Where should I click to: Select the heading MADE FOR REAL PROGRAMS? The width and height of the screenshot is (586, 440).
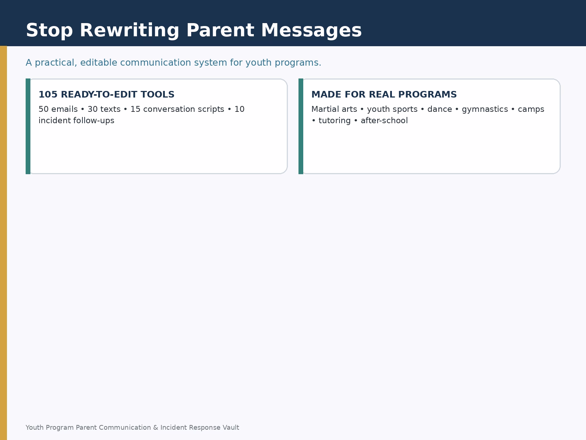click(x=384, y=95)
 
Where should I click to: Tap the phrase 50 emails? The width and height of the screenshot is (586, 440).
click(x=58, y=109)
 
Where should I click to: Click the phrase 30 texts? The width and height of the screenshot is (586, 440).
click(x=104, y=109)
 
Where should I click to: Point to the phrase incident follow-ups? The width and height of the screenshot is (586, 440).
click(x=76, y=121)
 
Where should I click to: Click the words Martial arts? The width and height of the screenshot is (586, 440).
click(x=334, y=109)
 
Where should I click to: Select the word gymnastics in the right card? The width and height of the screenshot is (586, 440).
click(x=485, y=110)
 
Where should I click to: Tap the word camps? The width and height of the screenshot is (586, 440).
click(x=531, y=110)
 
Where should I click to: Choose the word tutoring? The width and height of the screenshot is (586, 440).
click(x=334, y=121)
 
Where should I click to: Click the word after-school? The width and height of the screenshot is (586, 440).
click(x=384, y=121)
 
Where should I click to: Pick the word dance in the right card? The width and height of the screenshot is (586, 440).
click(x=440, y=109)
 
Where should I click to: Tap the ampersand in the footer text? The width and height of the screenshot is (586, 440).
click(x=156, y=428)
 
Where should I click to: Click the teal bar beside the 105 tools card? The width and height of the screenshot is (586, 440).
click(x=28, y=126)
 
